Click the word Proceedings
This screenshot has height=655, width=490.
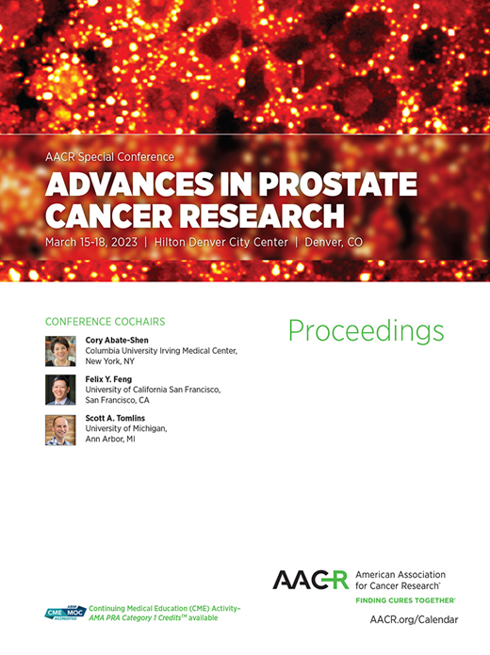coord(366,331)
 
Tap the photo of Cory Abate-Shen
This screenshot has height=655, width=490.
coord(60,351)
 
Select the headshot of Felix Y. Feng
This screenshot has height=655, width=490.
coord(60,390)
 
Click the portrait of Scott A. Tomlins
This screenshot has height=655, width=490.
coord(60,429)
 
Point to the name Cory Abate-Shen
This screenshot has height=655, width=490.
coord(117,341)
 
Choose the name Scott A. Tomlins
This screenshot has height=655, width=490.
coord(118,418)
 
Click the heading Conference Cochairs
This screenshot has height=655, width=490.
coord(105,320)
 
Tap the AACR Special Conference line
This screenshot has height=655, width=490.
coord(109,156)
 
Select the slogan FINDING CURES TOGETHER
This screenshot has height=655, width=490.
coord(405,599)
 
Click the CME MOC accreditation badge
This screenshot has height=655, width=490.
coord(65,613)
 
